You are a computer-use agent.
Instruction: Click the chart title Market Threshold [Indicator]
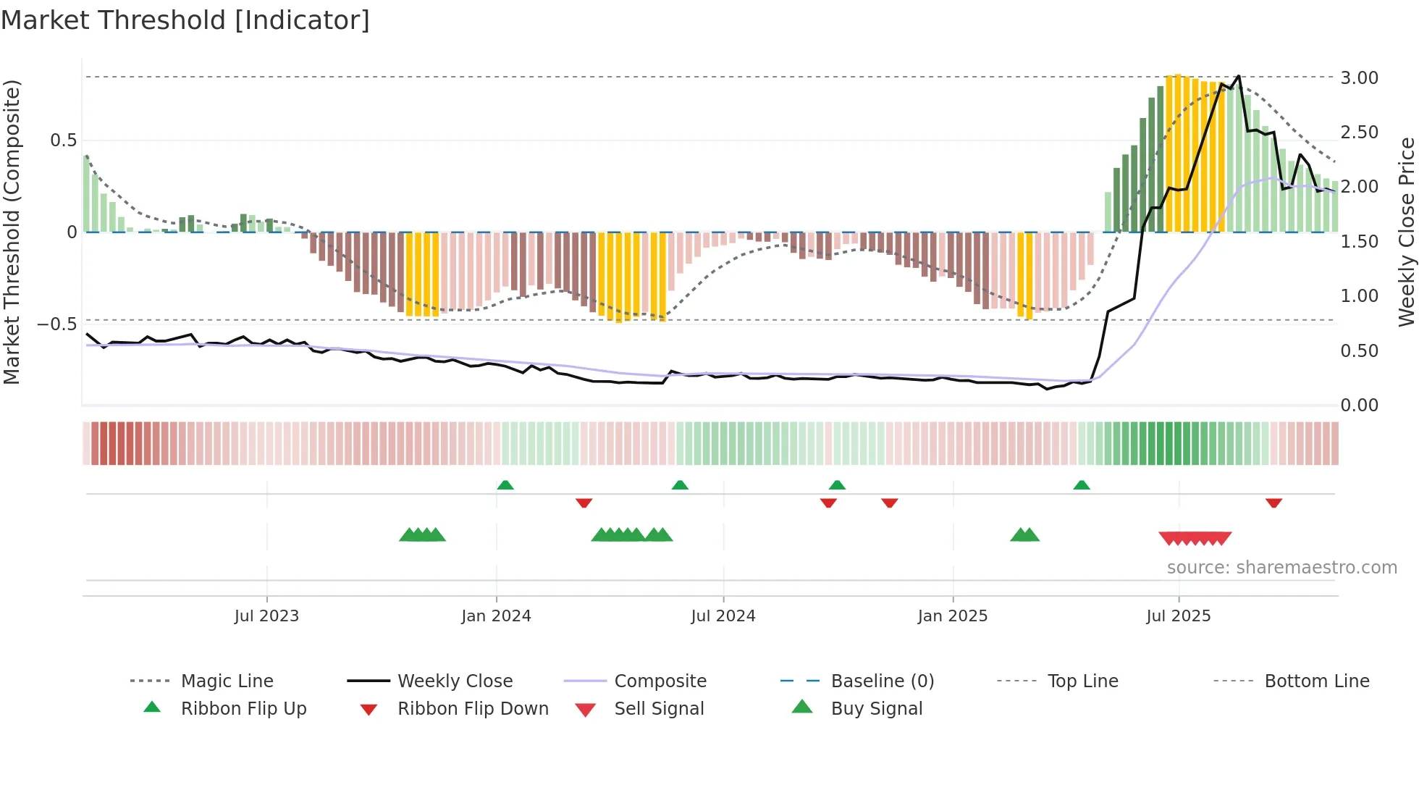185,20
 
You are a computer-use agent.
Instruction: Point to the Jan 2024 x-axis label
496,616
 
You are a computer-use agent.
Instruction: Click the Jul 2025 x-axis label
1178,616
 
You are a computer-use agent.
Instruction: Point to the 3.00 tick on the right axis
1359,77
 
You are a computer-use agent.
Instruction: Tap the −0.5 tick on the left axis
57,324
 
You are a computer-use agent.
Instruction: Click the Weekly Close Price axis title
1406,232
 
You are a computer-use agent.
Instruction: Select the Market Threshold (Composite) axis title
12,232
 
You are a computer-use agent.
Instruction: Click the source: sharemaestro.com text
1281,567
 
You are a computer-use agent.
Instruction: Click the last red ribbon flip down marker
1273,503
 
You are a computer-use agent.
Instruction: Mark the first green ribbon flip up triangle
505,485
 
